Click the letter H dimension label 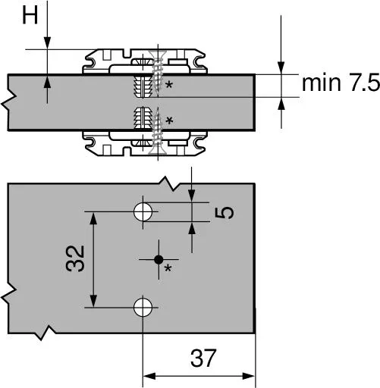click(x=30, y=15)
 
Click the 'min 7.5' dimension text click(x=341, y=83)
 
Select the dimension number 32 click(x=75, y=258)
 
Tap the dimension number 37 click(x=203, y=358)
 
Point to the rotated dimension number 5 click(x=225, y=212)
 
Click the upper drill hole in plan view click(x=143, y=212)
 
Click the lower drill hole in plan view click(x=143, y=308)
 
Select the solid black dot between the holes click(x=159, y=259)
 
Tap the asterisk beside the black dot click(x=168, y=268)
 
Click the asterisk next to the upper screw click(x=169, y=84)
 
